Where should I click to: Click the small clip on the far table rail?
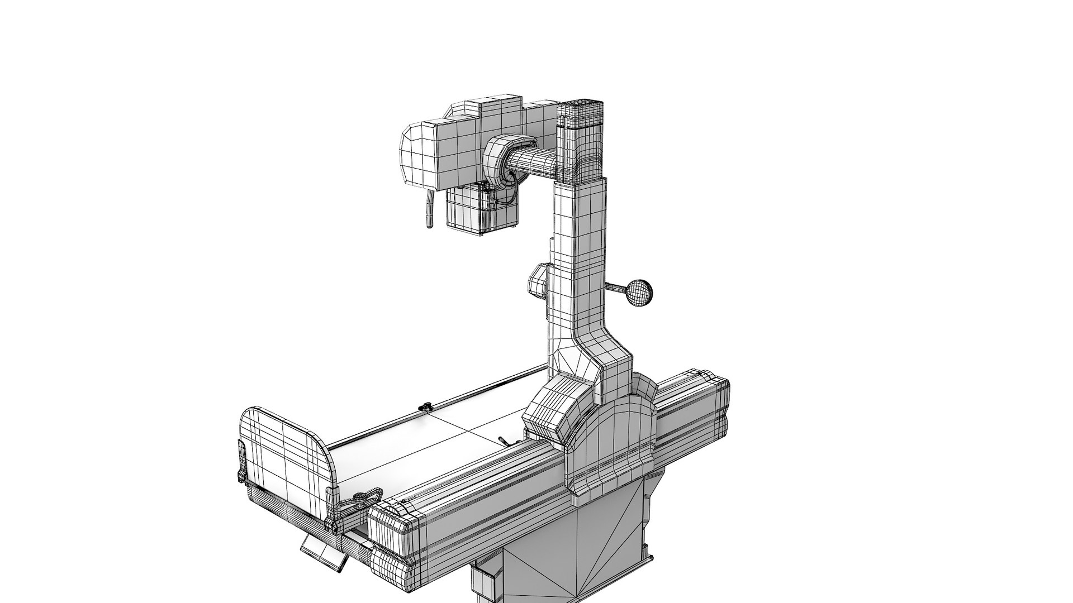pos(426,408)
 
